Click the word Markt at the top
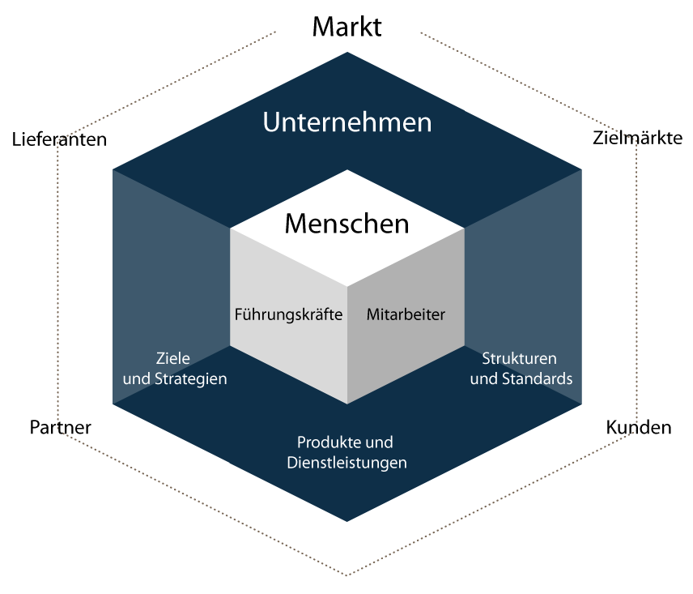point(347,27)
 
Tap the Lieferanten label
point(59,139)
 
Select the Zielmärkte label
point(637,138)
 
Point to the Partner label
point(61,427)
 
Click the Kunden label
point(639,427)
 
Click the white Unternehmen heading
point(347,122)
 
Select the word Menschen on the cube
point(347,224)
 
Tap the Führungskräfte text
point(288,314)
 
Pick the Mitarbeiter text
point(406,314)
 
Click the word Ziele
point(172,358)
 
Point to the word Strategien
point(190,379)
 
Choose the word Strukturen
point(519,358)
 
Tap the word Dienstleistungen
point(347,463)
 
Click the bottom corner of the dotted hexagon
point(347,575)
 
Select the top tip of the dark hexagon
point(347,52)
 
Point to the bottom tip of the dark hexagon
point(347,521)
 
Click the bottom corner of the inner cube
point(347,404)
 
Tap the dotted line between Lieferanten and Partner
point(57,283)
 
